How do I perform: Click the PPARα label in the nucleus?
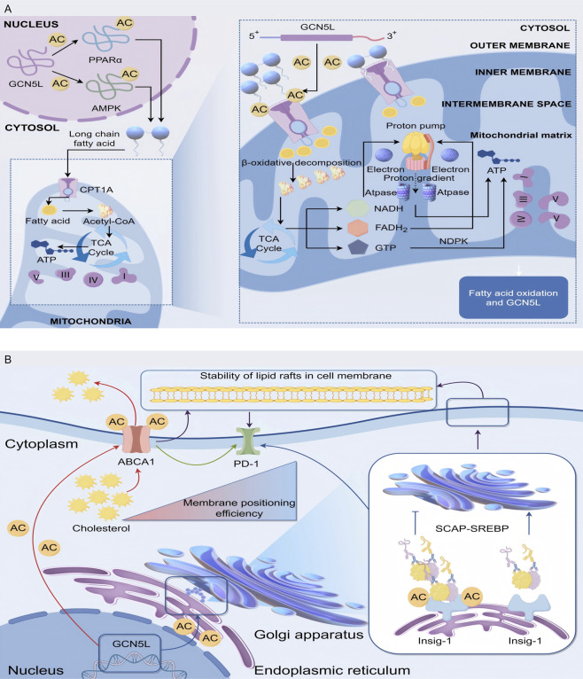[x=105, y=60]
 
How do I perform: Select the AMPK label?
[x=106, y=108]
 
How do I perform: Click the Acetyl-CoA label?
[x=109, y=222]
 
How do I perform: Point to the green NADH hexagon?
[x=357, y=208]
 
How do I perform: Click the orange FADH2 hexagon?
[x=357, y=228]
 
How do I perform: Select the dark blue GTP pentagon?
[x=358, y=247]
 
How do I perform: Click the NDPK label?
[x=454, y=241]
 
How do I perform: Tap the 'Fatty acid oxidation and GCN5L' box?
[x=513, y=298]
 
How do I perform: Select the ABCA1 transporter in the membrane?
[x=136, y=439]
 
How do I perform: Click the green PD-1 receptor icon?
[x=247, y=441]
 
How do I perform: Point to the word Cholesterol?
[x=101, y=528]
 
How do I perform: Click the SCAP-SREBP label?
[x=471, y=528]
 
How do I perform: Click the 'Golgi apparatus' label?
[x=308, y=635]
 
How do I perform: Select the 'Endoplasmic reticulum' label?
[x=332, y=670]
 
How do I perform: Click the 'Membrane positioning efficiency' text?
[x=239, y=508]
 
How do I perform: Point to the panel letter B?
[x=8, y=360]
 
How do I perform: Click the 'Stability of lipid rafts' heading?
[x=296, y=376]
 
